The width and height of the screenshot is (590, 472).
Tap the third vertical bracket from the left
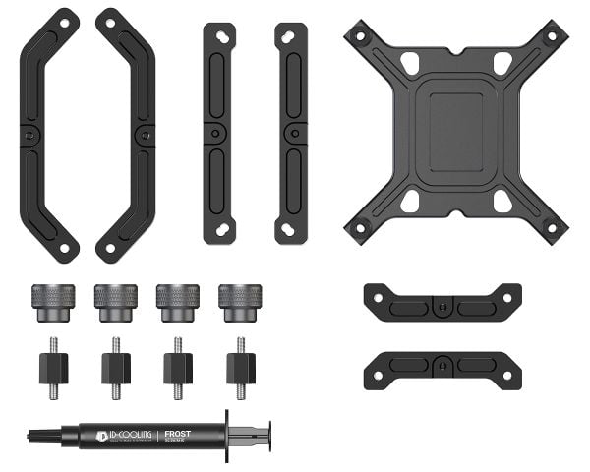(219, 133)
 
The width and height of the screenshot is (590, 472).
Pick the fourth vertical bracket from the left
(291, 133)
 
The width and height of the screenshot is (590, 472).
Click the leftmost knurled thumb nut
(51, 302)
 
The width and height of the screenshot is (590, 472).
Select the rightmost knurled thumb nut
(240, 302)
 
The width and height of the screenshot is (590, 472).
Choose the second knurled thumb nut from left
(114, 302)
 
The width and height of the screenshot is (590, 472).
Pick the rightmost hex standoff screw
(241, 367)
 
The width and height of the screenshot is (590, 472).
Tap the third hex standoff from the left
(178, 367)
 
